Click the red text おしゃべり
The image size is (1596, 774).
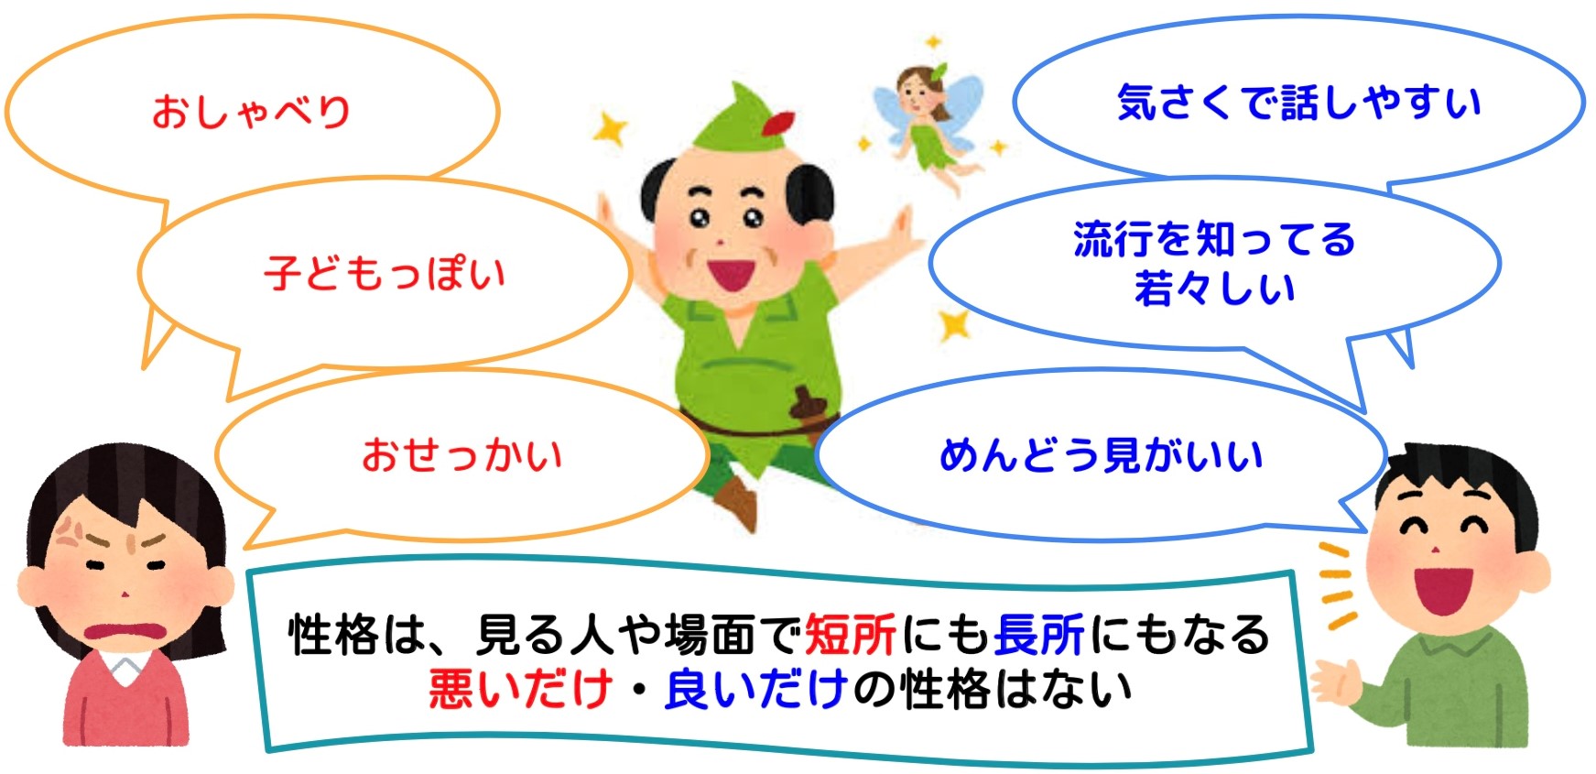pos(252,111)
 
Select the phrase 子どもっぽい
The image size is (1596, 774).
pos(385,273)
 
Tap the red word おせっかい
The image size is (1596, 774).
pos(462,454)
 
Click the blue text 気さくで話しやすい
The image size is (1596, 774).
pos(1299,102)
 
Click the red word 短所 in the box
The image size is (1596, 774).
pos(851,635)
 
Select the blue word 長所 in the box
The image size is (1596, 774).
pos(1039,635)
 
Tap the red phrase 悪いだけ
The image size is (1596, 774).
pos(520,689)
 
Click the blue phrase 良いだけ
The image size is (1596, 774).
pos(756,689)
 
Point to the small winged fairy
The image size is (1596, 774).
pos(927,124)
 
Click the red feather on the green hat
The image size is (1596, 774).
pos(778,124)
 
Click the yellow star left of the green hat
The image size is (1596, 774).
pos(610,129)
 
